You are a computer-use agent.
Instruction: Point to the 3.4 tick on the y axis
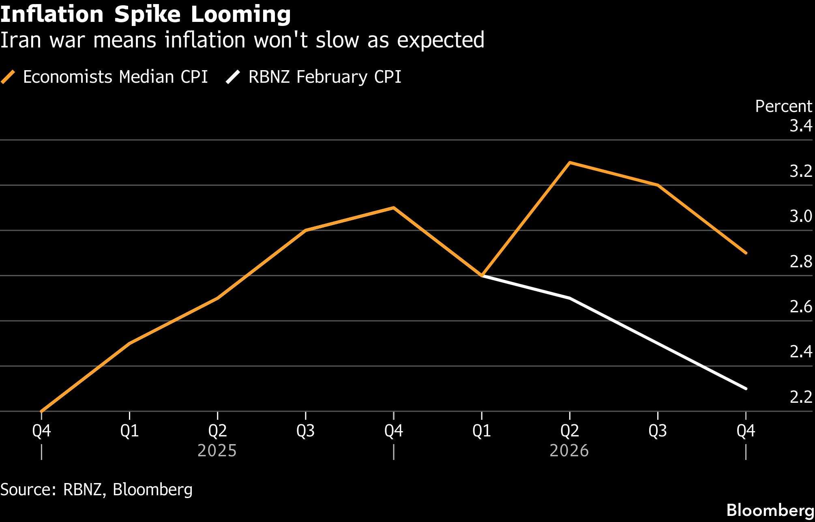coord(800,126)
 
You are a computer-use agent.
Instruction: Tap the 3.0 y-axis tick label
coord(800,217)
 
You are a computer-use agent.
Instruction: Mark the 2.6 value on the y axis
coord(800,307)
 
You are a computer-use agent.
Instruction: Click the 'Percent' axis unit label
coord(783,106)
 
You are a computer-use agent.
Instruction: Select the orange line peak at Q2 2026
coord(570,163)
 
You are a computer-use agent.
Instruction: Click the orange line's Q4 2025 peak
coord(393,208)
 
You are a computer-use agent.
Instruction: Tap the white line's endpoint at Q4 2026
coord(746,389)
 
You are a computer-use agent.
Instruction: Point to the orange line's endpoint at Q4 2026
coord(746,253)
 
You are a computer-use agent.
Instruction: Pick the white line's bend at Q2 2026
coord(570,298)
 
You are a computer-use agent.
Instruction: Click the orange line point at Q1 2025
coord(129,344)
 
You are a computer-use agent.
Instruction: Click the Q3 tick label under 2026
coord(657,431)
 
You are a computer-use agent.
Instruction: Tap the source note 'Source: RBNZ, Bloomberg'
coord(96,490)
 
